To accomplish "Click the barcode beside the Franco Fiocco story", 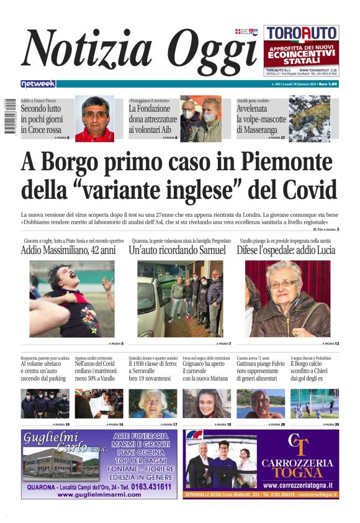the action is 9,112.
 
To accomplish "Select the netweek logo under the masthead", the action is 38,84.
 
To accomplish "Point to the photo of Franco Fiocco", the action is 94,118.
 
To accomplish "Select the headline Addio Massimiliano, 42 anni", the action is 68,250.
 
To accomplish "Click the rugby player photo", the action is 72,298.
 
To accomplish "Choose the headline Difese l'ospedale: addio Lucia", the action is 286,250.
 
